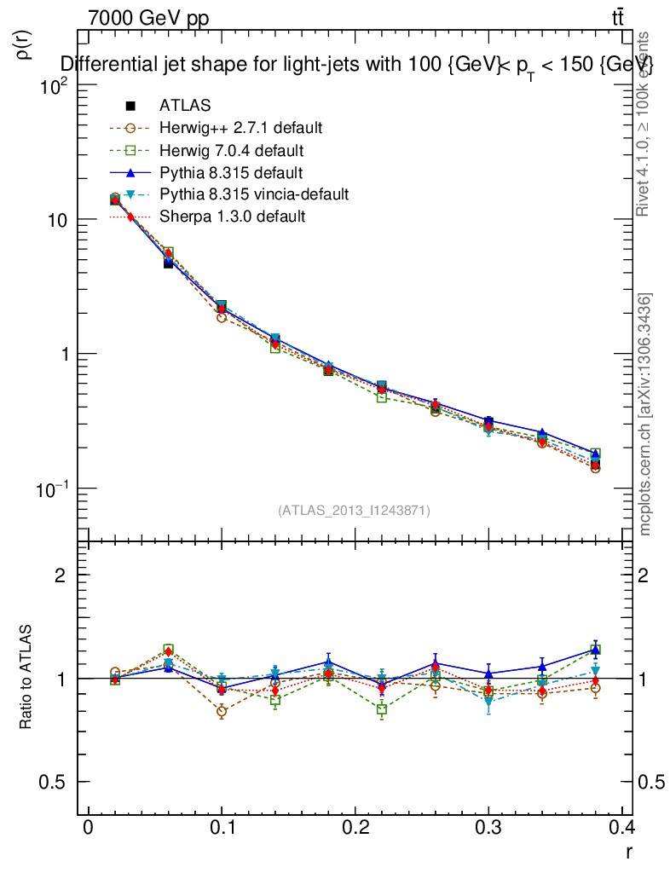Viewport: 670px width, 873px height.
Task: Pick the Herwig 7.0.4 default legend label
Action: (231, 150)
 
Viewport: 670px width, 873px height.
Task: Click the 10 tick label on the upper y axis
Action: (55, 220)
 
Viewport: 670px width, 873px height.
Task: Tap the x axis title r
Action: (628, 851)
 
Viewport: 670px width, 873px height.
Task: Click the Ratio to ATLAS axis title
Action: (26, 679)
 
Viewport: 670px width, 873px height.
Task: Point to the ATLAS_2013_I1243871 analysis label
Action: (354, 510)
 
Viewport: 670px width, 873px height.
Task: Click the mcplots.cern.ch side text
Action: (645, 414)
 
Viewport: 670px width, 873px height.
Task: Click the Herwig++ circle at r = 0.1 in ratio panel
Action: (222, 711)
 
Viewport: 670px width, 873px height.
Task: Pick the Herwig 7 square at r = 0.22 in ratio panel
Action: (382, 709)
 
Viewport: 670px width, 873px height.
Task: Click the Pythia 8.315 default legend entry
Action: (231, 172)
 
